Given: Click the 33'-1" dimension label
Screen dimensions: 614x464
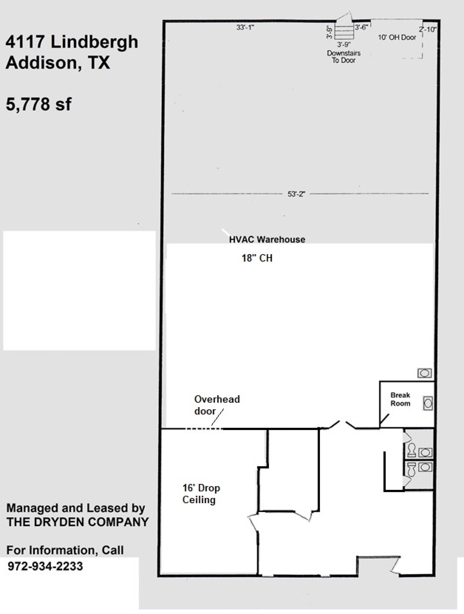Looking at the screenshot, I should pos(245,27).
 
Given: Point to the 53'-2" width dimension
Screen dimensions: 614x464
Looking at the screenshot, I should pos(296,194).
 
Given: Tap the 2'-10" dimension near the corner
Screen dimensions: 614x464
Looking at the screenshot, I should pos(428,29).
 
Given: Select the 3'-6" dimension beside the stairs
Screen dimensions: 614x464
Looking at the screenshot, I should pos(361,27).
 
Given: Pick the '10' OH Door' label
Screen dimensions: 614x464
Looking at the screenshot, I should pos(397,37).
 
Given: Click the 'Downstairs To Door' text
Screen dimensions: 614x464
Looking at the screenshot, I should pos(344,57).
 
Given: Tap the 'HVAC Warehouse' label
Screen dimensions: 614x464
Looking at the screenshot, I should pos(267,240).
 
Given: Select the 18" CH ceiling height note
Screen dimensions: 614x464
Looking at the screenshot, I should pos(257,258).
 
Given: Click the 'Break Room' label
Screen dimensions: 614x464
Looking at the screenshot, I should pos(400,399).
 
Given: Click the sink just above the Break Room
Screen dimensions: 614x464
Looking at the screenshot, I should pos(424,373).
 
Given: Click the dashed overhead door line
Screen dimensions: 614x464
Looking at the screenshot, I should pos(203,429).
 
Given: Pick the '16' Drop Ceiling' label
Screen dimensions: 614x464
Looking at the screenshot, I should pos(201,494).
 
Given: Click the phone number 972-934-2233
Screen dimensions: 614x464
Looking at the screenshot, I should pos(45,566).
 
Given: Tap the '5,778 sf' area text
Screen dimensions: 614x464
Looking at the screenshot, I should pos(39,104).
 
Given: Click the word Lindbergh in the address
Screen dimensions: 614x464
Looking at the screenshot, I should pos(94,42).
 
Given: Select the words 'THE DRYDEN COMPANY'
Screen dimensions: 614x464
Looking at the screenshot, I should pos(77,522).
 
